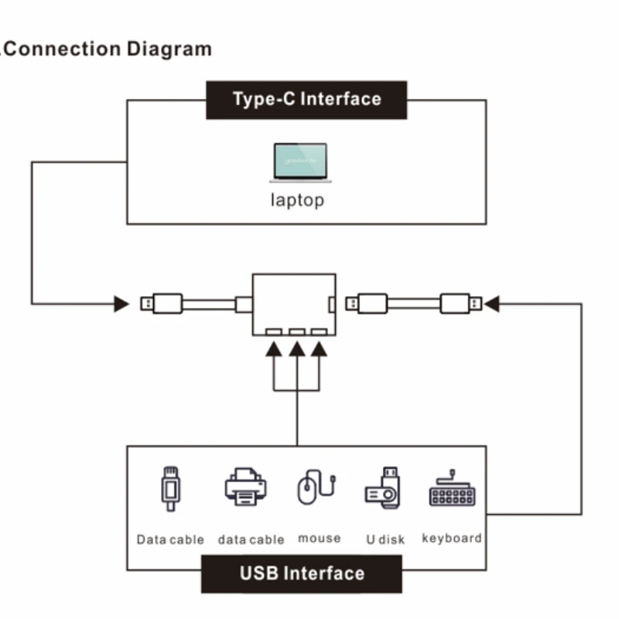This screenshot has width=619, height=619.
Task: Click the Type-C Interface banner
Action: pos(306,99)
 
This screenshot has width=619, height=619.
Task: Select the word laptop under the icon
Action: pos(297,200)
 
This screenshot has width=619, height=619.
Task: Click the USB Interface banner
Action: pos(302,573)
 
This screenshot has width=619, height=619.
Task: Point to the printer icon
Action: pos(245,487)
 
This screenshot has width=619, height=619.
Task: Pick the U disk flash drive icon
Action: pos(383,487)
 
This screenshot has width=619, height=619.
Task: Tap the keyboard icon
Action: pos(452,488)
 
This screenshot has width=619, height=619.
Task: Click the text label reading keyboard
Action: pos(452,538)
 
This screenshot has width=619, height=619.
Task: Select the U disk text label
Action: pos(385,539)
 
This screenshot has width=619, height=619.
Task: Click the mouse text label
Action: pos(319,538)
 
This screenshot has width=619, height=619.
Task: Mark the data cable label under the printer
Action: pos(251,539)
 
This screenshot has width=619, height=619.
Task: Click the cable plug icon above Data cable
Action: pos(169,488)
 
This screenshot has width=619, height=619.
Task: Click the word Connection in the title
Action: pos(67,49)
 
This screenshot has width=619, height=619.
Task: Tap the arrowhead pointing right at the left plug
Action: pos(121,303)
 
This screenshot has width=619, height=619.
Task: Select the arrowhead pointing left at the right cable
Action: pos(491,303)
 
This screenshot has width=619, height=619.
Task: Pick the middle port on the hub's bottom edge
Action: pos(296,331)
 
